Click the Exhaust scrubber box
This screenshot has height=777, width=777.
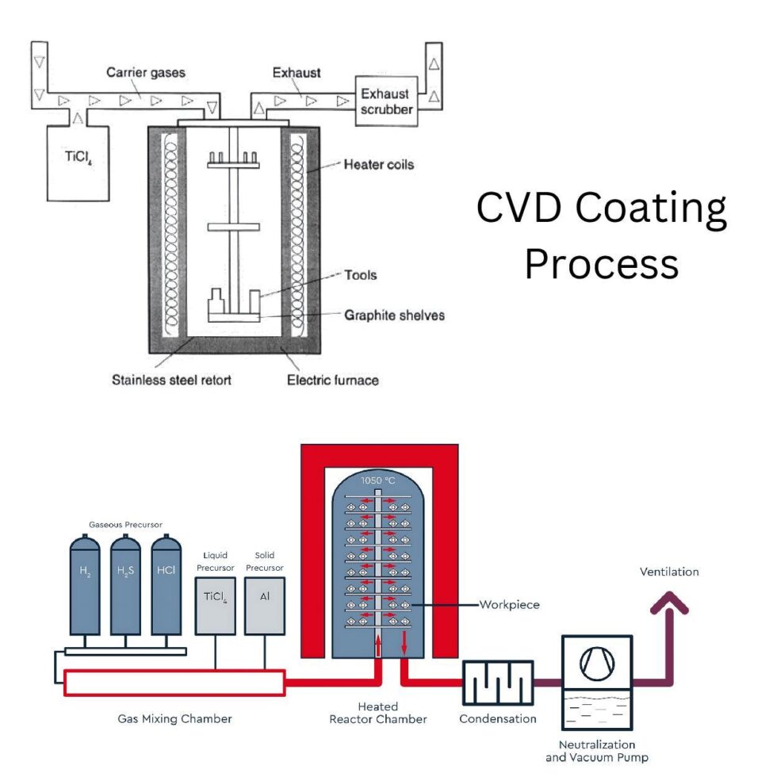click(x=386, y=101)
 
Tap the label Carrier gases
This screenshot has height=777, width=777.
click(x=146, y=73)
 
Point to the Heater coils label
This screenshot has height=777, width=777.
click(x=378, y=165)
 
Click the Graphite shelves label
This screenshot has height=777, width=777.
click(x=394, y=315)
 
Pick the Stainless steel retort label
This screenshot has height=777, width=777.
click(x=171, y=380)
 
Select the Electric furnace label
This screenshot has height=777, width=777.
click(x=332, y=380)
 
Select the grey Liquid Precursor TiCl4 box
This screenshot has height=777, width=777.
click(x=216, y=607)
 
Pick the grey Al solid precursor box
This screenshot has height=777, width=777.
click(x=265, y=607)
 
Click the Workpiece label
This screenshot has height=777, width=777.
click(x=509, y=605)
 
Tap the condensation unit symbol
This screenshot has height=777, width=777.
click(x=498, y=682)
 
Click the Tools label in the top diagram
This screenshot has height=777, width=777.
click(x=361, y=275)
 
